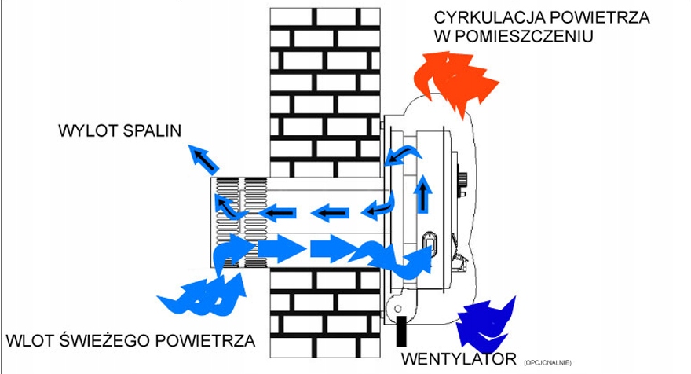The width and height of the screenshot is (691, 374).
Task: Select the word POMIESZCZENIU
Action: [x=524, y=36]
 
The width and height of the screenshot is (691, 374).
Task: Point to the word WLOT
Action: [x=29, y=340]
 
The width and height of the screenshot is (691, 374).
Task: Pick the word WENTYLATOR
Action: [x=459, y=359]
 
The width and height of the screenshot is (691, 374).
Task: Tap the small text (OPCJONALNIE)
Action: [x=548, y=363]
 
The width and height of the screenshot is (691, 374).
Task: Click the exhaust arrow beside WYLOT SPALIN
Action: [x=203, y=159]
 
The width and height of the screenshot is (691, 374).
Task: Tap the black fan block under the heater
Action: [x=401, y=331]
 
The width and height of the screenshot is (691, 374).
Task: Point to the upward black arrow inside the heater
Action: [x=423, y=195]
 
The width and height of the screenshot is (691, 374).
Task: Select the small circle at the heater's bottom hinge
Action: [x=397, y=309]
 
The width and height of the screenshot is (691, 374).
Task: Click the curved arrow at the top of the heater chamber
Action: [x=402, y=155]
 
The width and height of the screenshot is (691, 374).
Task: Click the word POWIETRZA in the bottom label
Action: [x=206, y=340]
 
